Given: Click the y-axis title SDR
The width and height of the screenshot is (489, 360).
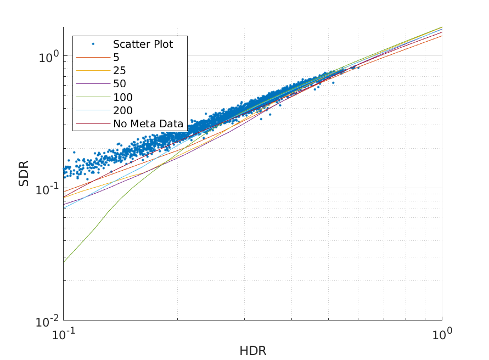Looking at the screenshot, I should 24,173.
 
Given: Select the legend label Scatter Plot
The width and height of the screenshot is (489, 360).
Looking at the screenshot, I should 143,44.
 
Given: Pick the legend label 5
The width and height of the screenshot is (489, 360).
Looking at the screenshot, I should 116,57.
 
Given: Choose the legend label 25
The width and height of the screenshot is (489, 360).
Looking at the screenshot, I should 120,70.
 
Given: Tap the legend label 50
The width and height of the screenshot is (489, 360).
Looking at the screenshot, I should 120,84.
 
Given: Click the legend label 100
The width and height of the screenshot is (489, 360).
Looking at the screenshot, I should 123,97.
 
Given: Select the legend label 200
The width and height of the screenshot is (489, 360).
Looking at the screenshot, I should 123,110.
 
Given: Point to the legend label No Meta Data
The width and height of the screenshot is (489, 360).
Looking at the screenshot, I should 148,123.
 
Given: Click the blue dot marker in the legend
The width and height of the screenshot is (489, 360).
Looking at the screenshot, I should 93,44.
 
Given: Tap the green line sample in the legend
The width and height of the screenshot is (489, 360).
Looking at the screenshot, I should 93,97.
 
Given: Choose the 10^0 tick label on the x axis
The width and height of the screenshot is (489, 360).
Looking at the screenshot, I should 442,333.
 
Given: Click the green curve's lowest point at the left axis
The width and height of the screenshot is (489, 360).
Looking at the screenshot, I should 64,263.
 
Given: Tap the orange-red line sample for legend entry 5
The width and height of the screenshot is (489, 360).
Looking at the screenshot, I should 93,57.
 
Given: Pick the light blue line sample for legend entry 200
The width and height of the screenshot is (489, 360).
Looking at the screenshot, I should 93,110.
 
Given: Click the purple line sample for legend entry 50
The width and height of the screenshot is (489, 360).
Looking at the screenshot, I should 93,84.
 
